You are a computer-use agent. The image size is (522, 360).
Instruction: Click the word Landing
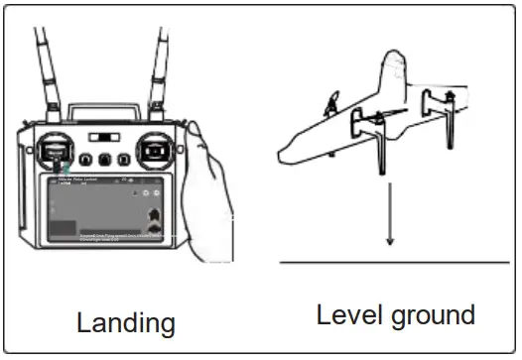(126, 322)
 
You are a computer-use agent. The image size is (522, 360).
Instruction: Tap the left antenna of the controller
(47, 69)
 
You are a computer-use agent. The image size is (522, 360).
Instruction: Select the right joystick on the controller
(153, 149)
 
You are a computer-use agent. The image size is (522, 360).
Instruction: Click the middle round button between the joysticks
(104, 159)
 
